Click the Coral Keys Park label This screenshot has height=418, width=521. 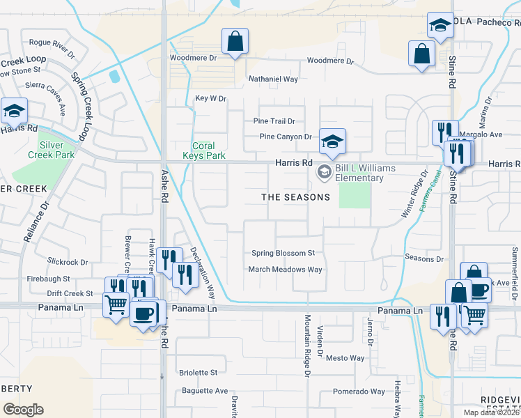click(209, 151)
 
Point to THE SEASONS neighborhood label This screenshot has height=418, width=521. click(295, 197)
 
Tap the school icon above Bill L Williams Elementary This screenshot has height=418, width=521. click(332, 141)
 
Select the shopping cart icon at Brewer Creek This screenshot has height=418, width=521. click(115, 304)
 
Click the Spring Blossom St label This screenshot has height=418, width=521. click(283, 253)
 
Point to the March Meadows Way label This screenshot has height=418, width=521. click(286, 270)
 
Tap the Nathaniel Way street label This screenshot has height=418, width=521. click(274, 79)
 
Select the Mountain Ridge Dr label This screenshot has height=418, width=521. click(306, 346)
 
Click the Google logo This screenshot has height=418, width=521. click(23, 410)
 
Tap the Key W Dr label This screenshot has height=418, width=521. click(211, 99)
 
